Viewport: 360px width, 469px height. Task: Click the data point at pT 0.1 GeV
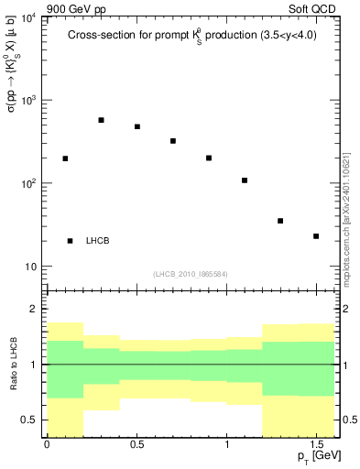tap(65, 158)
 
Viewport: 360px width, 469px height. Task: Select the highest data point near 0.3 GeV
tap(101, 120)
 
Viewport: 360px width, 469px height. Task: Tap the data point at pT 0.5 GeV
tap(137, 126)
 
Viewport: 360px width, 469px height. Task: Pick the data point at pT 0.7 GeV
tap(173, 141)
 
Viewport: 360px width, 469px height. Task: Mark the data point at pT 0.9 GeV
tap(209, 158)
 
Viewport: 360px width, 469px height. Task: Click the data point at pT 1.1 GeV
tap(245, 180)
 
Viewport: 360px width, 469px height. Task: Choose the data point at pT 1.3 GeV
tap(280, 221)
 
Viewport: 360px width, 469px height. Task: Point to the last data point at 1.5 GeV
tap(316, 236)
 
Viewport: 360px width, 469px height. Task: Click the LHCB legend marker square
tap(71, 241)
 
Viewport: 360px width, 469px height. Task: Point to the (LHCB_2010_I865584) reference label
tap(191, 274)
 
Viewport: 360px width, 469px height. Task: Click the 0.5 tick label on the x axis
tap(136, 444)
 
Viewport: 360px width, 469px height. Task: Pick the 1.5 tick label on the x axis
tap(316, 444)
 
